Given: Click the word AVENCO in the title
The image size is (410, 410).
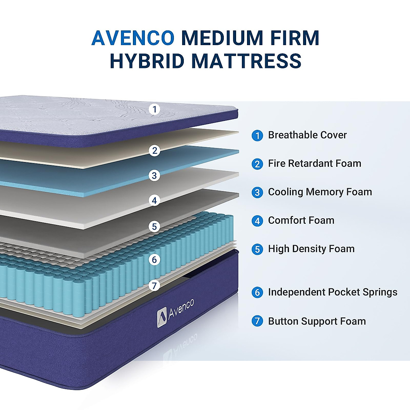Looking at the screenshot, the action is (x=133, y=38).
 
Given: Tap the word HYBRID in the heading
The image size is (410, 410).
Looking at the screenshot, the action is (x=147, y=61).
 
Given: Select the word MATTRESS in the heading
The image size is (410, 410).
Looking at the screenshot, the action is (x=246, y=61).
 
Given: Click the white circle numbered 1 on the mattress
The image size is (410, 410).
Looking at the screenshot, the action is (x=155, y=109).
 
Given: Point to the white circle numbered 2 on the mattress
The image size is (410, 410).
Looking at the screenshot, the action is (x=155, y=150).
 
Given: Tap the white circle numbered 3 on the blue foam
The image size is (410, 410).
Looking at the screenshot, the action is (x=154, y=176).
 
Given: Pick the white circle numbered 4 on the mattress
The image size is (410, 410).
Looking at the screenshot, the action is (x=154, y=200).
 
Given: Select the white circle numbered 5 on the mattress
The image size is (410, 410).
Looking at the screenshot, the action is (x=154, y=227).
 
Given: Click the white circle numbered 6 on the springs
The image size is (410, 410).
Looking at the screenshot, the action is (x=154, y=260).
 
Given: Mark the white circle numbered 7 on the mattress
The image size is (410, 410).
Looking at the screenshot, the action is (x=154, y=285).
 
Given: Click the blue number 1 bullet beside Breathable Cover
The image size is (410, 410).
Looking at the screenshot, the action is (x=257, y=136).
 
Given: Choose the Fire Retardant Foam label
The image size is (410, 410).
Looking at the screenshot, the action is (x=314, y=163).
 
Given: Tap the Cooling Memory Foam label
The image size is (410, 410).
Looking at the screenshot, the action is (x=320, y=192).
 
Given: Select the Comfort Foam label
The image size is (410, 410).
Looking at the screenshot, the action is (x=301, y=220).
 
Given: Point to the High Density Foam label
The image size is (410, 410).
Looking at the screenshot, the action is (x=311, y=249).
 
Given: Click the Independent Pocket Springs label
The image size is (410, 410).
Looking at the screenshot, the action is (x=332, y=292).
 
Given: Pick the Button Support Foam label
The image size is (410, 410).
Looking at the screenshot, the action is (x=317, y=321).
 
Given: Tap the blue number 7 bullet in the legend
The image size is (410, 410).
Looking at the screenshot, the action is (x=257, y=321).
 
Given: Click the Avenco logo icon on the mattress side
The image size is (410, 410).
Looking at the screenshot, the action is (x=162, y=318).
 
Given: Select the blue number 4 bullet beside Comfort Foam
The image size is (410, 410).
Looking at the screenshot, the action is (x=257, y=221).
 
